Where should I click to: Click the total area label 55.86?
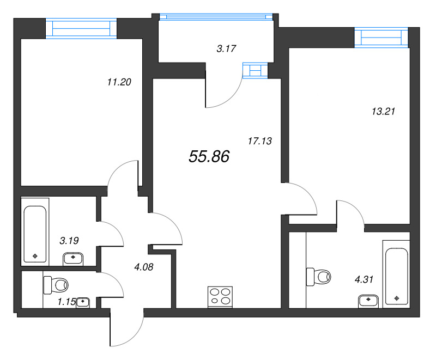(209, 157)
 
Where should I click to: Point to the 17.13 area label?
(259, 141)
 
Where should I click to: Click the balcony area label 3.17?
(226, 49)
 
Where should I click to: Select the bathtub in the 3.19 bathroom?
(36, 233)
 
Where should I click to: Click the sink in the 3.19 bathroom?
(74, 258)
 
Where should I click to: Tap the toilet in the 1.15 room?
(56, 284)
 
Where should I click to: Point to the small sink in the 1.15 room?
(83, 301)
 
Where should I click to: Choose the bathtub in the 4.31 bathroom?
(396, 276)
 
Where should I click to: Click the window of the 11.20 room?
(81, 28)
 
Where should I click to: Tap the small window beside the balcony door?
(256, 70)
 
